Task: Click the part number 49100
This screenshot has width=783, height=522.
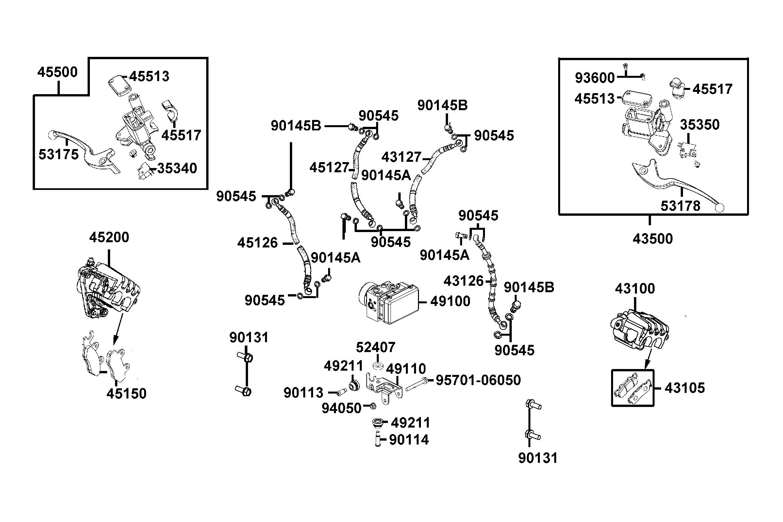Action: point(450,301)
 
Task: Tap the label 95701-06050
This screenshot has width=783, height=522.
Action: point(478,380)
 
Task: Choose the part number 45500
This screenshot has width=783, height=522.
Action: point(57,72)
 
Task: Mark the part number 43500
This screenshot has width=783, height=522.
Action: point(652,239)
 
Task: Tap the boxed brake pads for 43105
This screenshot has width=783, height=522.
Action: point(632,388)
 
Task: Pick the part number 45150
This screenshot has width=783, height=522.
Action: point(126,394)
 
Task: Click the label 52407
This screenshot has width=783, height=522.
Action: point(375,347)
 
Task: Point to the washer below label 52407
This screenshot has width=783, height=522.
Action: point(378,366)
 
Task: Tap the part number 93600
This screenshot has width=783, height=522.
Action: point(595,78)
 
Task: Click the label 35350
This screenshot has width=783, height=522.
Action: point(699,125)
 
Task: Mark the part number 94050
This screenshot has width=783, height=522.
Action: point(341,408)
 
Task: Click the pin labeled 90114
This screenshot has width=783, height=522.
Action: point(378,439)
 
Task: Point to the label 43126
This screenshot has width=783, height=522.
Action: point(463,281)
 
